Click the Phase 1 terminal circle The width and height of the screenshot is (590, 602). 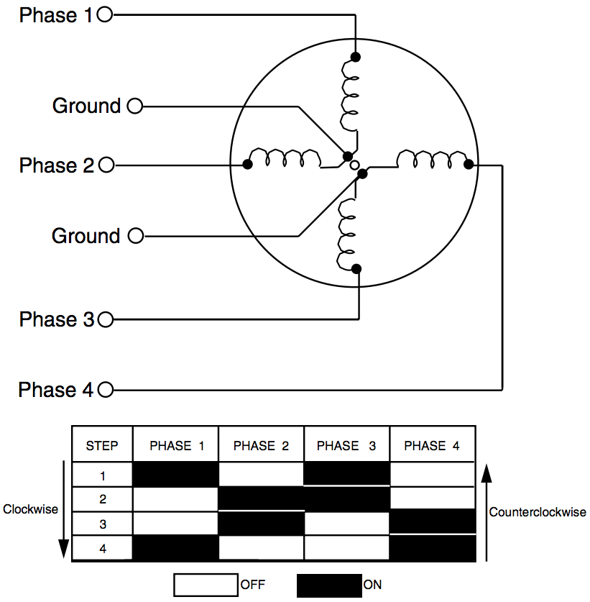pyautogui.click(x=104, y=14)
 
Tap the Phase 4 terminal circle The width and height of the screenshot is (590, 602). pyautogui.click(x=106, y=390)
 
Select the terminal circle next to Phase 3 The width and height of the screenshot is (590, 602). pyautogui.click(x=106, y=319)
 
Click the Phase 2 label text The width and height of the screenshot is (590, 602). pyautogui.click(x=57, y=165)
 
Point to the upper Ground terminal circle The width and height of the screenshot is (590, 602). pyautogui.click(x=134, y=106)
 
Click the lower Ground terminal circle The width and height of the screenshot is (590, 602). pyautogui.click(x=135, y=236)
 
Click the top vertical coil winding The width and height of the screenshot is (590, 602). pyautogui.click(x=349, y=96)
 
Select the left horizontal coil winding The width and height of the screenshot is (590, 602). pyautogui.click(x=285, y=158)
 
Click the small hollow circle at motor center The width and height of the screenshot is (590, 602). pyautogui.click(x=355, y=165)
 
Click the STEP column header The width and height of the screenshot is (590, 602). pyautogui.click(x=101, y=446)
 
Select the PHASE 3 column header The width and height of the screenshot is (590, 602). pyautogui.click(x=346, y=446)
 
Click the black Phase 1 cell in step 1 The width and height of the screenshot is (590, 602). pyautogui.click(x=175, y=474)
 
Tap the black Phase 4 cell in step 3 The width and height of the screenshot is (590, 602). pyautogui.click(x=433, y=521)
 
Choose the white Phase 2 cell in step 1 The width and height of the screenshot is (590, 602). pyautogui.click(x=262, y=474)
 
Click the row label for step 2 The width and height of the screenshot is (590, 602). pyautogui.click(x=103, y=499)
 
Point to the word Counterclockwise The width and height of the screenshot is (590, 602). pyautogui.click(x=538, y=512)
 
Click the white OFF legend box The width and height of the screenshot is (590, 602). pyautogui.click(x=206, y=585)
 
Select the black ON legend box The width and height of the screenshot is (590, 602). pyautogui.click(x=329, y=585)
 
